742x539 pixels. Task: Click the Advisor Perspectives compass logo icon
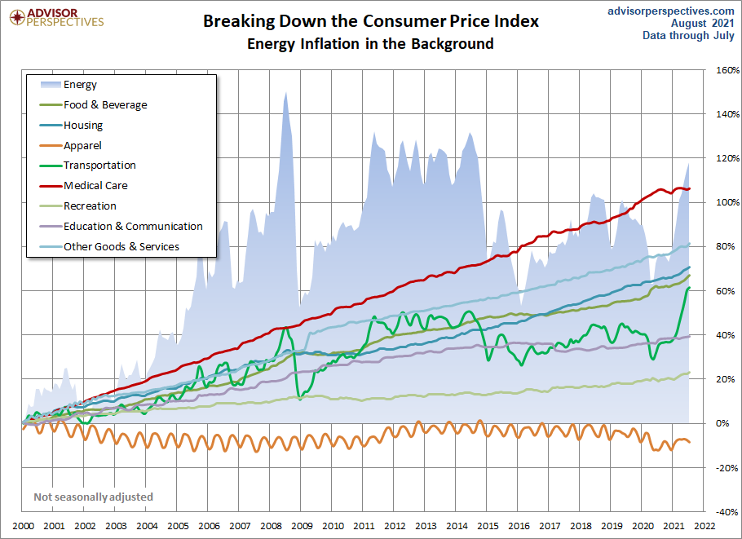pos(17,17)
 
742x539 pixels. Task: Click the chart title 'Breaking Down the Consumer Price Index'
pos(371,21)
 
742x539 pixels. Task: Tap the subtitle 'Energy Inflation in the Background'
pos(370,43)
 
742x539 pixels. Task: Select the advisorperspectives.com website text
pos(670,11)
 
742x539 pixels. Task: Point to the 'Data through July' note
pos(688,36)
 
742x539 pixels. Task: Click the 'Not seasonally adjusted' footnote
pos(93,497)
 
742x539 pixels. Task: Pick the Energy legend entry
pos(68,85)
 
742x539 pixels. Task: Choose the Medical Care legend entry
pos(84,185)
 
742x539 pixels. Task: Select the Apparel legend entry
pos(71,145)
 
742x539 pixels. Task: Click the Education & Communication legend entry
pos(121,226)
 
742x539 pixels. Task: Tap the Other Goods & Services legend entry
pos(110,246)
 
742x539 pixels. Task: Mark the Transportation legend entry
pos(88,166)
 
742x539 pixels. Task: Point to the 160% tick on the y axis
pos(728,70)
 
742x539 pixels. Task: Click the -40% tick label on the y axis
pos(728,511)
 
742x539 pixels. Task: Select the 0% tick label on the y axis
pos(722,423)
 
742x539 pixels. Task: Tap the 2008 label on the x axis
pos(272,526)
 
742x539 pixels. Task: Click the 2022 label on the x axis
pos(704,526)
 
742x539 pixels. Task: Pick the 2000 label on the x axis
pos(23,526)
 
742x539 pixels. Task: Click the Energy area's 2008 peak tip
pos(285,92)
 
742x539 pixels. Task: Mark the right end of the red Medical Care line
pos(689,189)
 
